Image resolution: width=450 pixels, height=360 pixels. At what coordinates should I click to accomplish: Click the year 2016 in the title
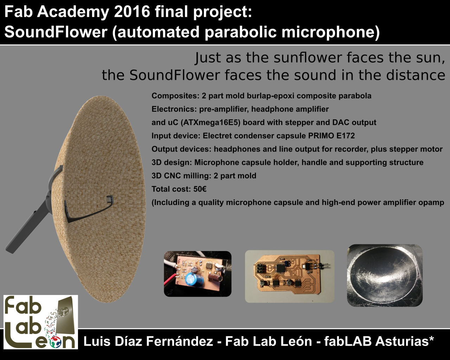click(132, 12)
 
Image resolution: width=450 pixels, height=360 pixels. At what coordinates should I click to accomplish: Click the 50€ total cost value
click(200, 189)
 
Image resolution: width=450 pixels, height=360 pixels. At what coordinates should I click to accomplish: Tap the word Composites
click(175, 96)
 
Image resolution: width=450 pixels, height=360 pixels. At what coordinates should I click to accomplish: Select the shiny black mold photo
click(385, 276)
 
